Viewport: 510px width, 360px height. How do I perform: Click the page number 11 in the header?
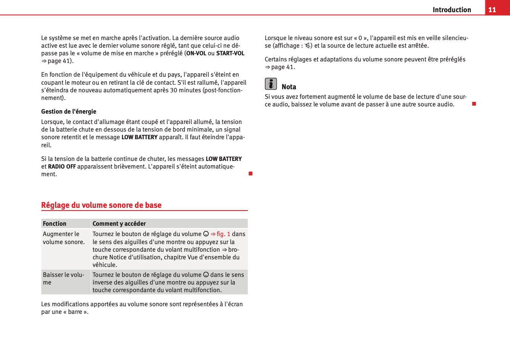tap(492, 10)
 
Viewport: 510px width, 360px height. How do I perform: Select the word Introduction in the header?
tap(452, 10)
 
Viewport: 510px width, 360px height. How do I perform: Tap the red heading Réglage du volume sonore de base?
tap(101, 205)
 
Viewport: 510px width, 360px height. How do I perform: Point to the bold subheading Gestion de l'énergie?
tap(69, 111)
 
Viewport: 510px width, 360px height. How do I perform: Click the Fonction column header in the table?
tap(55, 223)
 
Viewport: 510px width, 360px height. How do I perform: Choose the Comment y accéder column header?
tap(119, 223)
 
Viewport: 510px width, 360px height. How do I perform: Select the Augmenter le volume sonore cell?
tap(64, 238)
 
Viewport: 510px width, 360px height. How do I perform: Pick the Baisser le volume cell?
tap(64, 278)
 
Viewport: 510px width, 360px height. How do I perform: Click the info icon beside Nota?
tap(271, 84)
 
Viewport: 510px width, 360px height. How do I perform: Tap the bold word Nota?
tap(289, 87)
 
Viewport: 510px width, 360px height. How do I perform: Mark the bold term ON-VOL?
tap(196, 53)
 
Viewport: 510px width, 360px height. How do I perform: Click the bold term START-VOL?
tap(230, 53)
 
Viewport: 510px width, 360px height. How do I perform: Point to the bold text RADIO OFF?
tap(62, 167)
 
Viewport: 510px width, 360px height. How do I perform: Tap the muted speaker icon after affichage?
tap(308, 46)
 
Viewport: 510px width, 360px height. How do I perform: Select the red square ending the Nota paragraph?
tap(474, 104)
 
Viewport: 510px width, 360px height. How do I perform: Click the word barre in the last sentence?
tap(75, 312)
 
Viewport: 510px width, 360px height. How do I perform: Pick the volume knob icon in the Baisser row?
tap(206, 275)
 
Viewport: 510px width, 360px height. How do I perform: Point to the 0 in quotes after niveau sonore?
tap(360, 38)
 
